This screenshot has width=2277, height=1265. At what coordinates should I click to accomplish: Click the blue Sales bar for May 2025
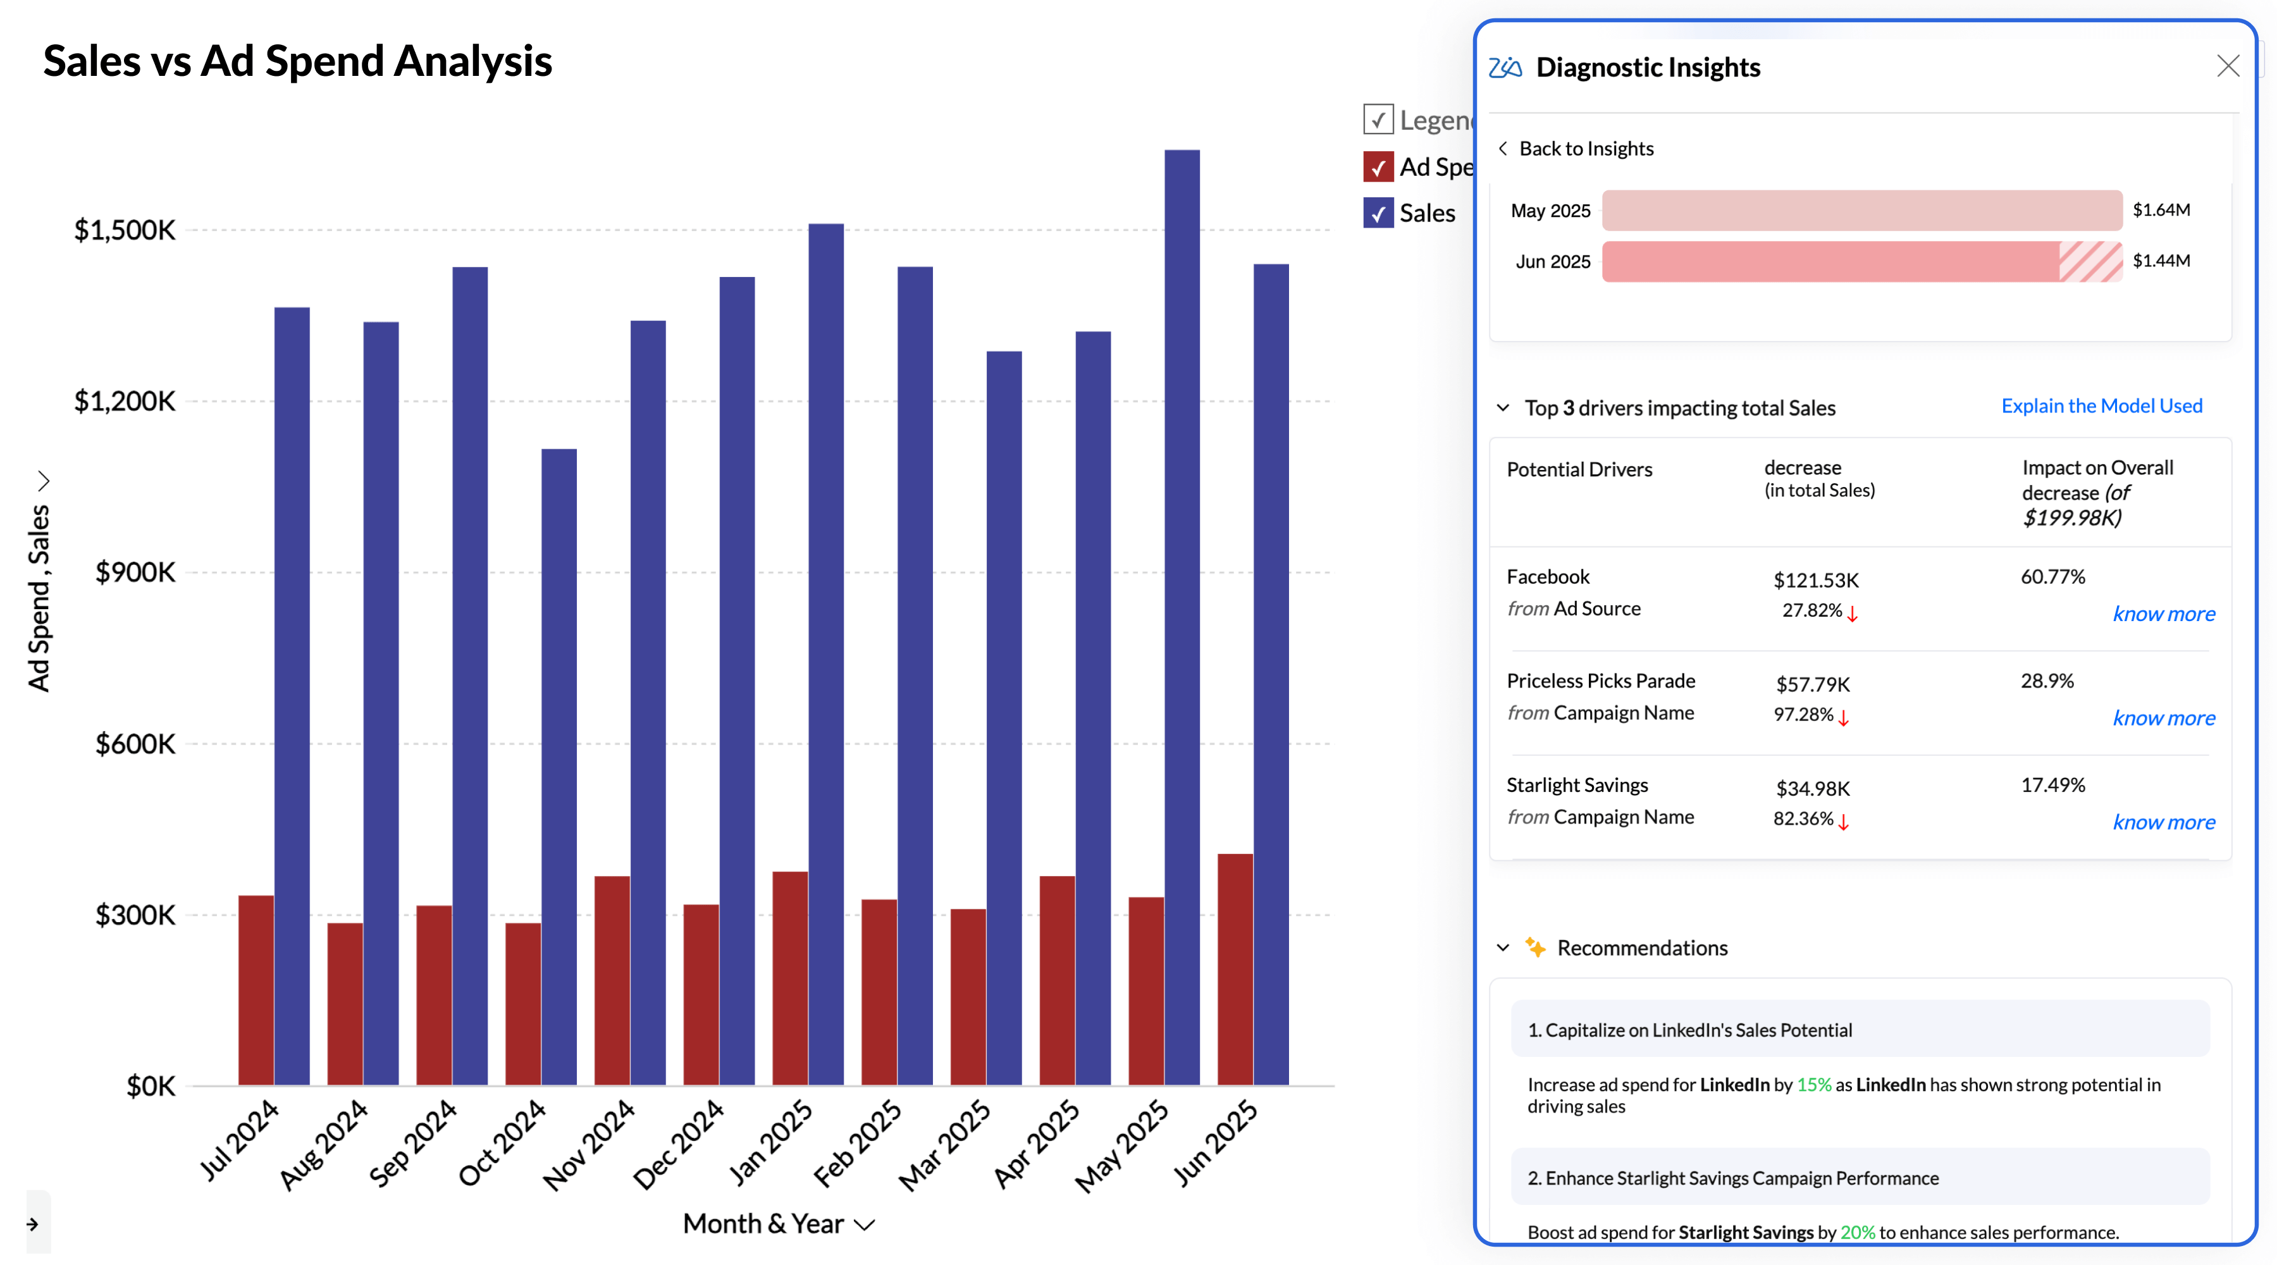1182,619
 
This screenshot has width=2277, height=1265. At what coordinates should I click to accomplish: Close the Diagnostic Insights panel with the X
2228,66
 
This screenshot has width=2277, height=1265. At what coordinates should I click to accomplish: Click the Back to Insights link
1586,149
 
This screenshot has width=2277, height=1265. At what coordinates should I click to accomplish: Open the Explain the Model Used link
2101,406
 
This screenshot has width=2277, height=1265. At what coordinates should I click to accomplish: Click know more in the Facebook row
2163,614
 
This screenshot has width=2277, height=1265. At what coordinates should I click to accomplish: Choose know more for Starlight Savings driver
2163,823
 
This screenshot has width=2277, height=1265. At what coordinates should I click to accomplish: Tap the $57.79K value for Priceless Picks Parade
1812,684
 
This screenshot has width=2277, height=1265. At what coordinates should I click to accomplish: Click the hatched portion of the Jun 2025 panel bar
2090,262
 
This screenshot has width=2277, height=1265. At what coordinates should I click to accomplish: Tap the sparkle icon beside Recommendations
1535,947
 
